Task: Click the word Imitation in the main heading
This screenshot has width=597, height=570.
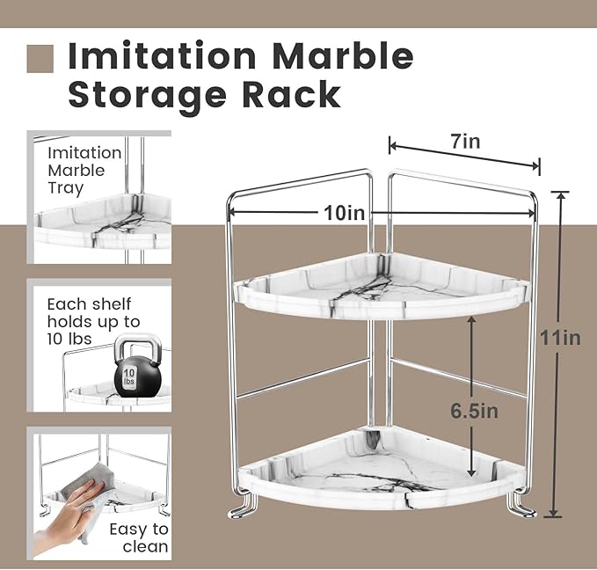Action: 163,56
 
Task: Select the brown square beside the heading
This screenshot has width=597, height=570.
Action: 41,58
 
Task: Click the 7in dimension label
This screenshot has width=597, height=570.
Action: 466,141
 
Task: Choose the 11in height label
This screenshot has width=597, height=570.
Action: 559,337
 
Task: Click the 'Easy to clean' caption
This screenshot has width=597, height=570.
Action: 139,537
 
